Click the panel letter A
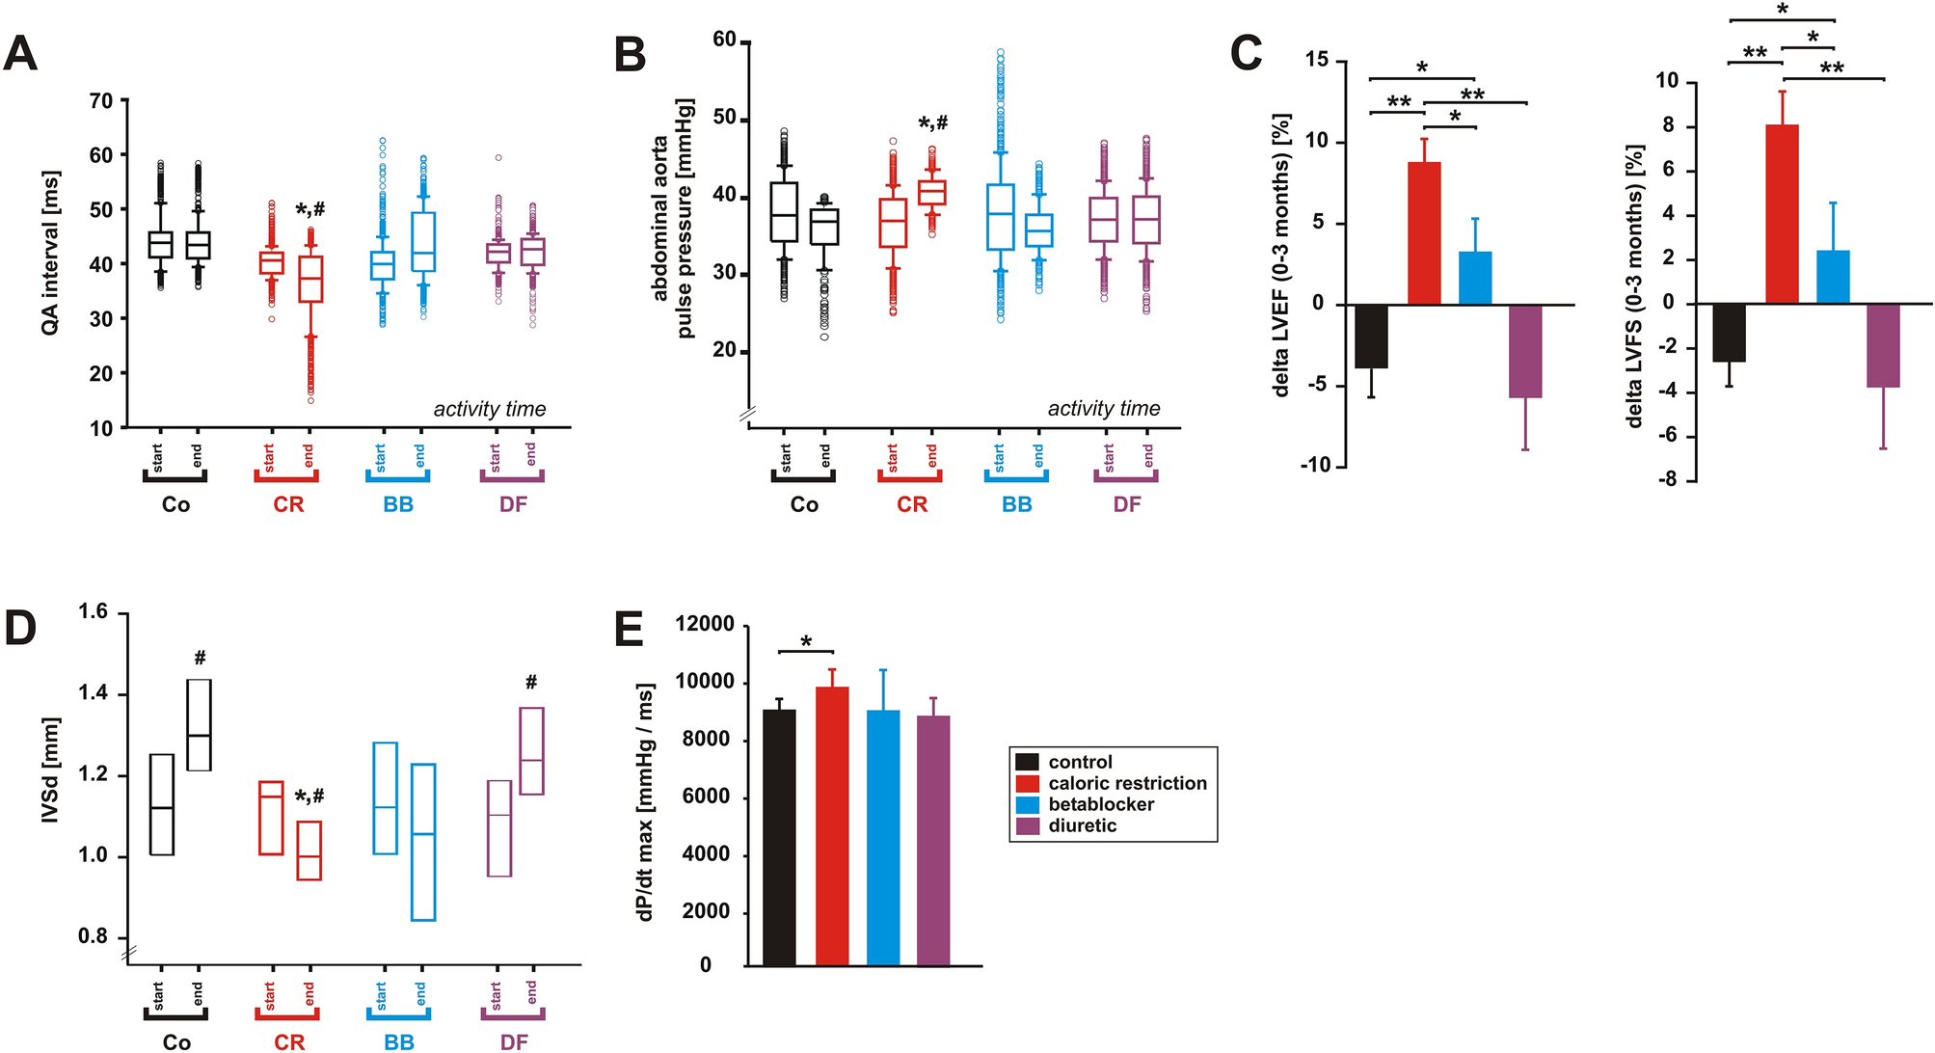coord(21,53)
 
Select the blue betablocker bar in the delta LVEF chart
coord(1475,279)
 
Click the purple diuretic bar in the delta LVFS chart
coord(1883,346)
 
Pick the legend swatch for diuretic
coord(1028,826)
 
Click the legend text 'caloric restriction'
coord(1127,783)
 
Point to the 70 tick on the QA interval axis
coord(101,101)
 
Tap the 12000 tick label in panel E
coord(705,624)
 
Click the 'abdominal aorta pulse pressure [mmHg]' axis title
coord(672,218)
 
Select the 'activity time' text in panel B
coord(1104,409)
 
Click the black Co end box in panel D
coord(199,725)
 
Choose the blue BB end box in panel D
coord(423,842)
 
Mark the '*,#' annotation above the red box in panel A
coord(309,209)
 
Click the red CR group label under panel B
coord(911,504)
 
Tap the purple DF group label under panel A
coord(513,504)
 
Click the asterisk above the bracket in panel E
coord(806,640)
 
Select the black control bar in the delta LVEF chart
coord(1371,336)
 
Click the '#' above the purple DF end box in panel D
coord(531,683)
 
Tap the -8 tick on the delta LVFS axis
coord(1664,479)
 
